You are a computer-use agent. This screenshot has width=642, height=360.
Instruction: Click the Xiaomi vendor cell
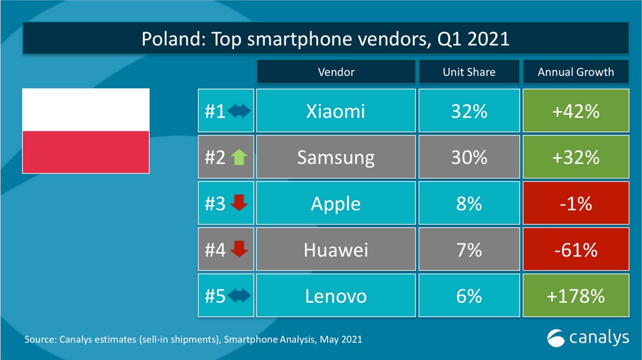335,111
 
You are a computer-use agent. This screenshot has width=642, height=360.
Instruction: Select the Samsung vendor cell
335,157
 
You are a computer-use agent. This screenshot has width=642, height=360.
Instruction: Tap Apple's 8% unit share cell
469,204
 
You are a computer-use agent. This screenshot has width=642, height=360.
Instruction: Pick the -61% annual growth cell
576,250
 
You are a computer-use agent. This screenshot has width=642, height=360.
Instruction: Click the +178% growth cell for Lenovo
576,296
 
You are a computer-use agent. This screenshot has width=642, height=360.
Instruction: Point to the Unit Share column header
469,72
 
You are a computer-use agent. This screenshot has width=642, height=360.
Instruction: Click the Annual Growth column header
576,72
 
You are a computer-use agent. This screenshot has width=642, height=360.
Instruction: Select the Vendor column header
335,72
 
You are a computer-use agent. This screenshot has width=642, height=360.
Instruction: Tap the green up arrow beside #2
239,157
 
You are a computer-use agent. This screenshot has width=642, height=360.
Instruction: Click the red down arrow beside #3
239,204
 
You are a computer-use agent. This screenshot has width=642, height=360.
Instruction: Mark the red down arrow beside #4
239,250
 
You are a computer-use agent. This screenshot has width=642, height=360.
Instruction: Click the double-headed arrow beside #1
239,111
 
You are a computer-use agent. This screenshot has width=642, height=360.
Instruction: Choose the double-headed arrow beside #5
239,296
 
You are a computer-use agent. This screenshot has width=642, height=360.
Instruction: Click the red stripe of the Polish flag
86,152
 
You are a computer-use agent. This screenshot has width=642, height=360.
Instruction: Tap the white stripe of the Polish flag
86,110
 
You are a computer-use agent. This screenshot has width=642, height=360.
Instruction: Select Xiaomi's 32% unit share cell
469,111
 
